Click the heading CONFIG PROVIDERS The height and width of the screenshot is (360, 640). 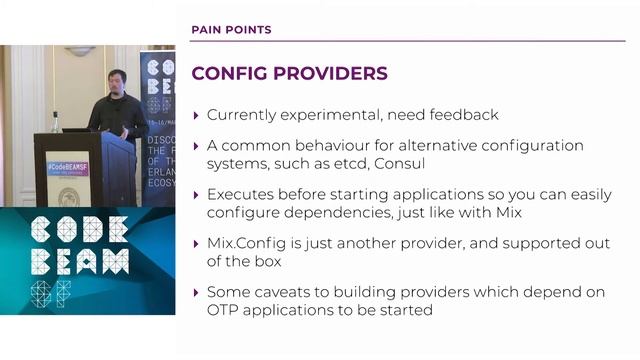pos(289,74)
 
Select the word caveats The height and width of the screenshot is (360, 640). pos(290,292)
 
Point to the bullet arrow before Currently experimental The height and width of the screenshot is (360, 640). pos(196,115)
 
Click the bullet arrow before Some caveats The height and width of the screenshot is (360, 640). pos(196,292)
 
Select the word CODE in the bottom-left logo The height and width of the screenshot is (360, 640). pos(79,228)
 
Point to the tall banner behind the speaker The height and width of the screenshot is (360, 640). pos(158,110)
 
